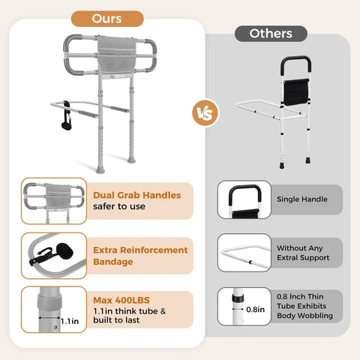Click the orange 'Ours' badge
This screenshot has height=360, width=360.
pos(107,19)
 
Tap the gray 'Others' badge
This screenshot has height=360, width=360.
pos(271,34)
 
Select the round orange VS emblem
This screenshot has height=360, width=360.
pos(205,112)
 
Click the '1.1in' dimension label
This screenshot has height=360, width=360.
pos(70,321)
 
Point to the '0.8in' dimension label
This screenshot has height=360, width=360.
pos(255,310)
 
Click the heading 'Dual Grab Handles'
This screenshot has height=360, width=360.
pos(137,195)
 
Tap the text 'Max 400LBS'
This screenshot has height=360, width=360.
pos(121,300)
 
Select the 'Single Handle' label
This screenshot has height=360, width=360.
pos(302,199)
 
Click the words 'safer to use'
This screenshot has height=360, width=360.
pos(119,206)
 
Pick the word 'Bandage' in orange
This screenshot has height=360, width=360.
pos(113,262)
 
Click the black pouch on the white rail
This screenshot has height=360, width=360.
pos(296,92)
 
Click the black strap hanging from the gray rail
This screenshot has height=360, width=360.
pos(67,115)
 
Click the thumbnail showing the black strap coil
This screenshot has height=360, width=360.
pos(54,256)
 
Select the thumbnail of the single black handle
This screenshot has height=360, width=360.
pos(244,199)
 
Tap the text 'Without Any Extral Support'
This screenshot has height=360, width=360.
pos(303,253)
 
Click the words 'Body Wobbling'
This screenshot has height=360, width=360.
pos(304,316)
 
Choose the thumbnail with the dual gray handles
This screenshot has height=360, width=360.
pos(54,201)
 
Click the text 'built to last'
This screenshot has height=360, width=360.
pos(116,320)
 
